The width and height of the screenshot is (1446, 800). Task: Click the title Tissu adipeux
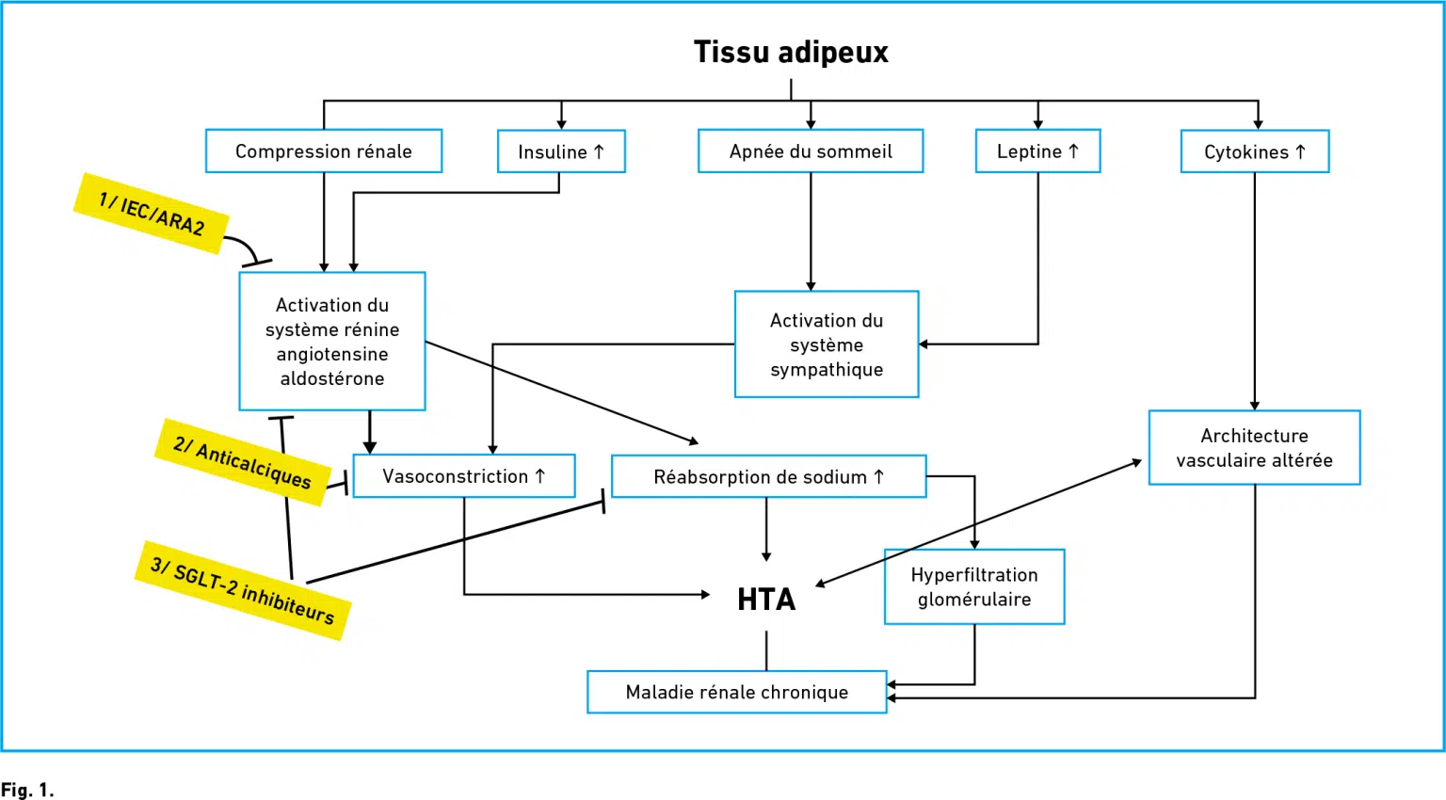pos(791,53)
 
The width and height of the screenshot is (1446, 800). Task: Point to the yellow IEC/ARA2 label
pos(151,214)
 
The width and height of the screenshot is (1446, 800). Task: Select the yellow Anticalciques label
pos(243,462)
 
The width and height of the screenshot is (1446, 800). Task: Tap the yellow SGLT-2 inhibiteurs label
pos(243,591)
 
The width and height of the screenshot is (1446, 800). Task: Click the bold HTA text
pos(766,600)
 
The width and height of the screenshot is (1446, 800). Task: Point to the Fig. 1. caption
pos(27,791)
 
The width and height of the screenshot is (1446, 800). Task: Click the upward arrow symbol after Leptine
pos(1073,151)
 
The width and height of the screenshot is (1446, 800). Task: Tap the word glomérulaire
pos(974,600)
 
